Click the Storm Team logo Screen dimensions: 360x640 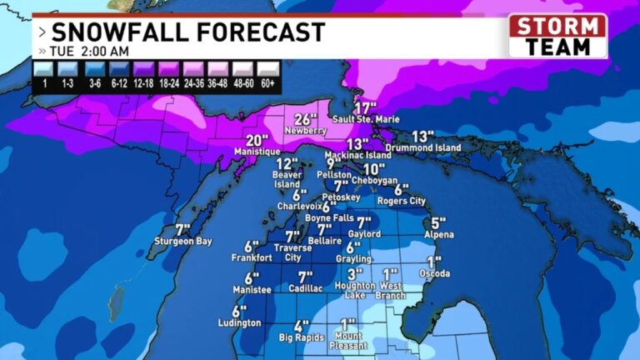557,36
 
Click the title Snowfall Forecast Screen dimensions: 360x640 187,32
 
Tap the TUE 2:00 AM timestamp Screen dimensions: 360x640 92,51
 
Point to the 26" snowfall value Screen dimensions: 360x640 307,118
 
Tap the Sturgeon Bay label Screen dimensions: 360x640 183,241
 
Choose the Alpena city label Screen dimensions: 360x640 438,235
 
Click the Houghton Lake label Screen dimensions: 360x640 356,290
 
